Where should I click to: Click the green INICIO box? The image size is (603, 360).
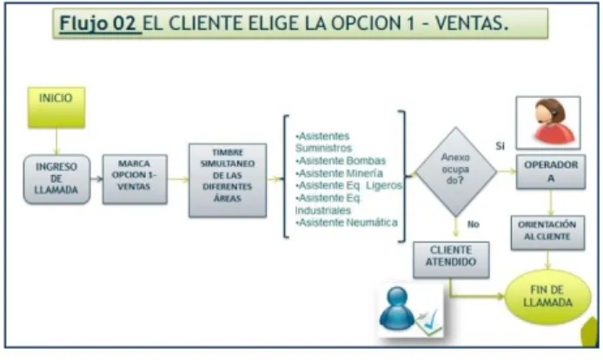tap(56, 108)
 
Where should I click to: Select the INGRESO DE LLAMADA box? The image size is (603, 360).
tap(57, 179)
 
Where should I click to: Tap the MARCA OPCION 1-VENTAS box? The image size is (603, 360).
tap(135, 179)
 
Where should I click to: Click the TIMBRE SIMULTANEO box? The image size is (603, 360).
tap(228, 180)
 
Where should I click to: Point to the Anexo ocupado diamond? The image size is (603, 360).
tap(455, 171)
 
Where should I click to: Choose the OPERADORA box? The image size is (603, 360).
tap(551, 171)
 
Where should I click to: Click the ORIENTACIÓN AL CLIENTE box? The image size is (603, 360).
tap(547, 232)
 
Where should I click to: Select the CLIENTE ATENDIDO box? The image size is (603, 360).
tap(451, 260)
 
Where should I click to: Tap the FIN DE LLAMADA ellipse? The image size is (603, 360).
tap(547, 297)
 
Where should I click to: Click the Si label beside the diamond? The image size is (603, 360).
tap(500, 146)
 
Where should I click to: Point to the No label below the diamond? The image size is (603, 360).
tap(474, 224)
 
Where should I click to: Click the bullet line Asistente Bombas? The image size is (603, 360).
tap(341, 161)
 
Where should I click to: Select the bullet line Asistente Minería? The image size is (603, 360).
tap(339, 173)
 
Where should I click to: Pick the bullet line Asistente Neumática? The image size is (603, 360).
tap(347, 223)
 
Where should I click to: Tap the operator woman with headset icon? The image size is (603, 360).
tap(548, 123)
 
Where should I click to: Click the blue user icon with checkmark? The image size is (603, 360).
tap(410, 310)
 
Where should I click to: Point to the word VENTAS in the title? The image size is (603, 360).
tap(472, 23)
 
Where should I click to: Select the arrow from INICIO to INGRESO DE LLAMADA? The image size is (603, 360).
tap(56, 142)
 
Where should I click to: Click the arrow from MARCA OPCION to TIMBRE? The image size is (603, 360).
tap(178, 179)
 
